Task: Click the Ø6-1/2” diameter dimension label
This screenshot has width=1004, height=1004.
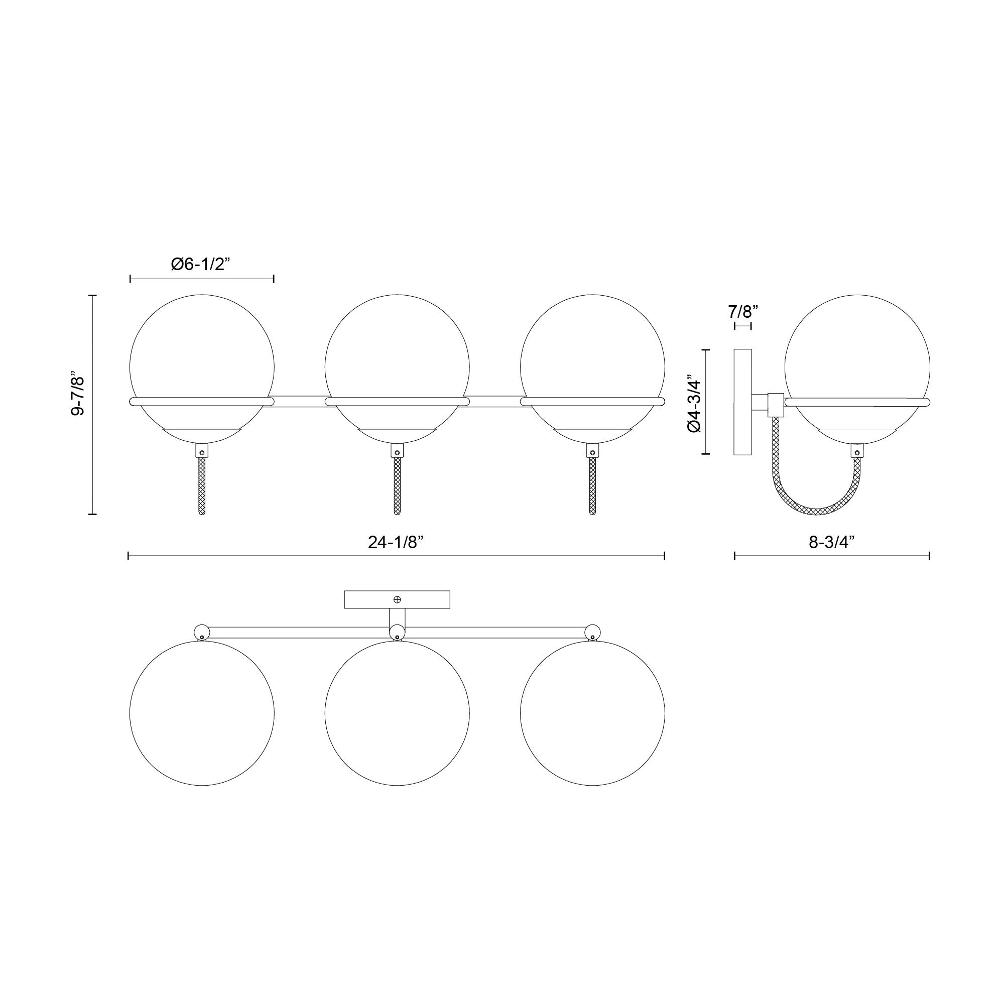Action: [200, 264]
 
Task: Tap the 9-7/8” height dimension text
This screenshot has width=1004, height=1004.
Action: [77, 393]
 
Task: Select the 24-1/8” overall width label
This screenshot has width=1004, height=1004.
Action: [396, 543]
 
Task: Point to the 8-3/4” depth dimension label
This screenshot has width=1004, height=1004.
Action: [831, 543]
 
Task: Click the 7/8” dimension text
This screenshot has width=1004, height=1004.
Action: [743, 312]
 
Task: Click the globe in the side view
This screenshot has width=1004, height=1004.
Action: [857, 353]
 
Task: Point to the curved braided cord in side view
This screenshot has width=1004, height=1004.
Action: [816, 509]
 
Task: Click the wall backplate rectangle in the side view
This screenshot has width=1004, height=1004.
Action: [742, 402]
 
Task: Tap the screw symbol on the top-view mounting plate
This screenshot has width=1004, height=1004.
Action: [398, 600]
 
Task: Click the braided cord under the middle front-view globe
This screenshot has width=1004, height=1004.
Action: [397, 486]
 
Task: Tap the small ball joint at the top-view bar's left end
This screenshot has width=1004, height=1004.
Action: [201, 632]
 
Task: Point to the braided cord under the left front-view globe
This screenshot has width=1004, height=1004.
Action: [202, 486]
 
